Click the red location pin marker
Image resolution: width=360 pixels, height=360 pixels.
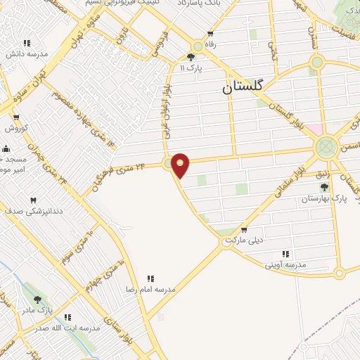click(x=181, y=164)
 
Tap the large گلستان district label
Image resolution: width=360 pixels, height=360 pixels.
click(x=242, y=86)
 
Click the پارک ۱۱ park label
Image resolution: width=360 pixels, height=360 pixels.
click(x=192, y=68)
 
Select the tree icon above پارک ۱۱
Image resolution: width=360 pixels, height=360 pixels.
click(x=191, y=58)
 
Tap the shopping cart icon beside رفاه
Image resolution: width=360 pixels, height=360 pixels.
click(x=210, y=34)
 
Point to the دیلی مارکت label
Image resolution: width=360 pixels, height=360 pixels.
click(x=243, y=240)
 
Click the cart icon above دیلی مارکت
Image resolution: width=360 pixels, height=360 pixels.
click(x=244, y=230)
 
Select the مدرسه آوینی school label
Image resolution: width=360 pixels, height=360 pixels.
click(x=283, y=265)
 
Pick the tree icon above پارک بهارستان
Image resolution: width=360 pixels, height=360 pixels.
click(x=324, y=187)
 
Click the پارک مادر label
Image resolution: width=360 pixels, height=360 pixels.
click(x=37, y=310)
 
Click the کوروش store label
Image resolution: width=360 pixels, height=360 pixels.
click(x=15, y=128)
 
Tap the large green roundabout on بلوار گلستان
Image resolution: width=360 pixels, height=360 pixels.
click(x=326, y=147)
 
